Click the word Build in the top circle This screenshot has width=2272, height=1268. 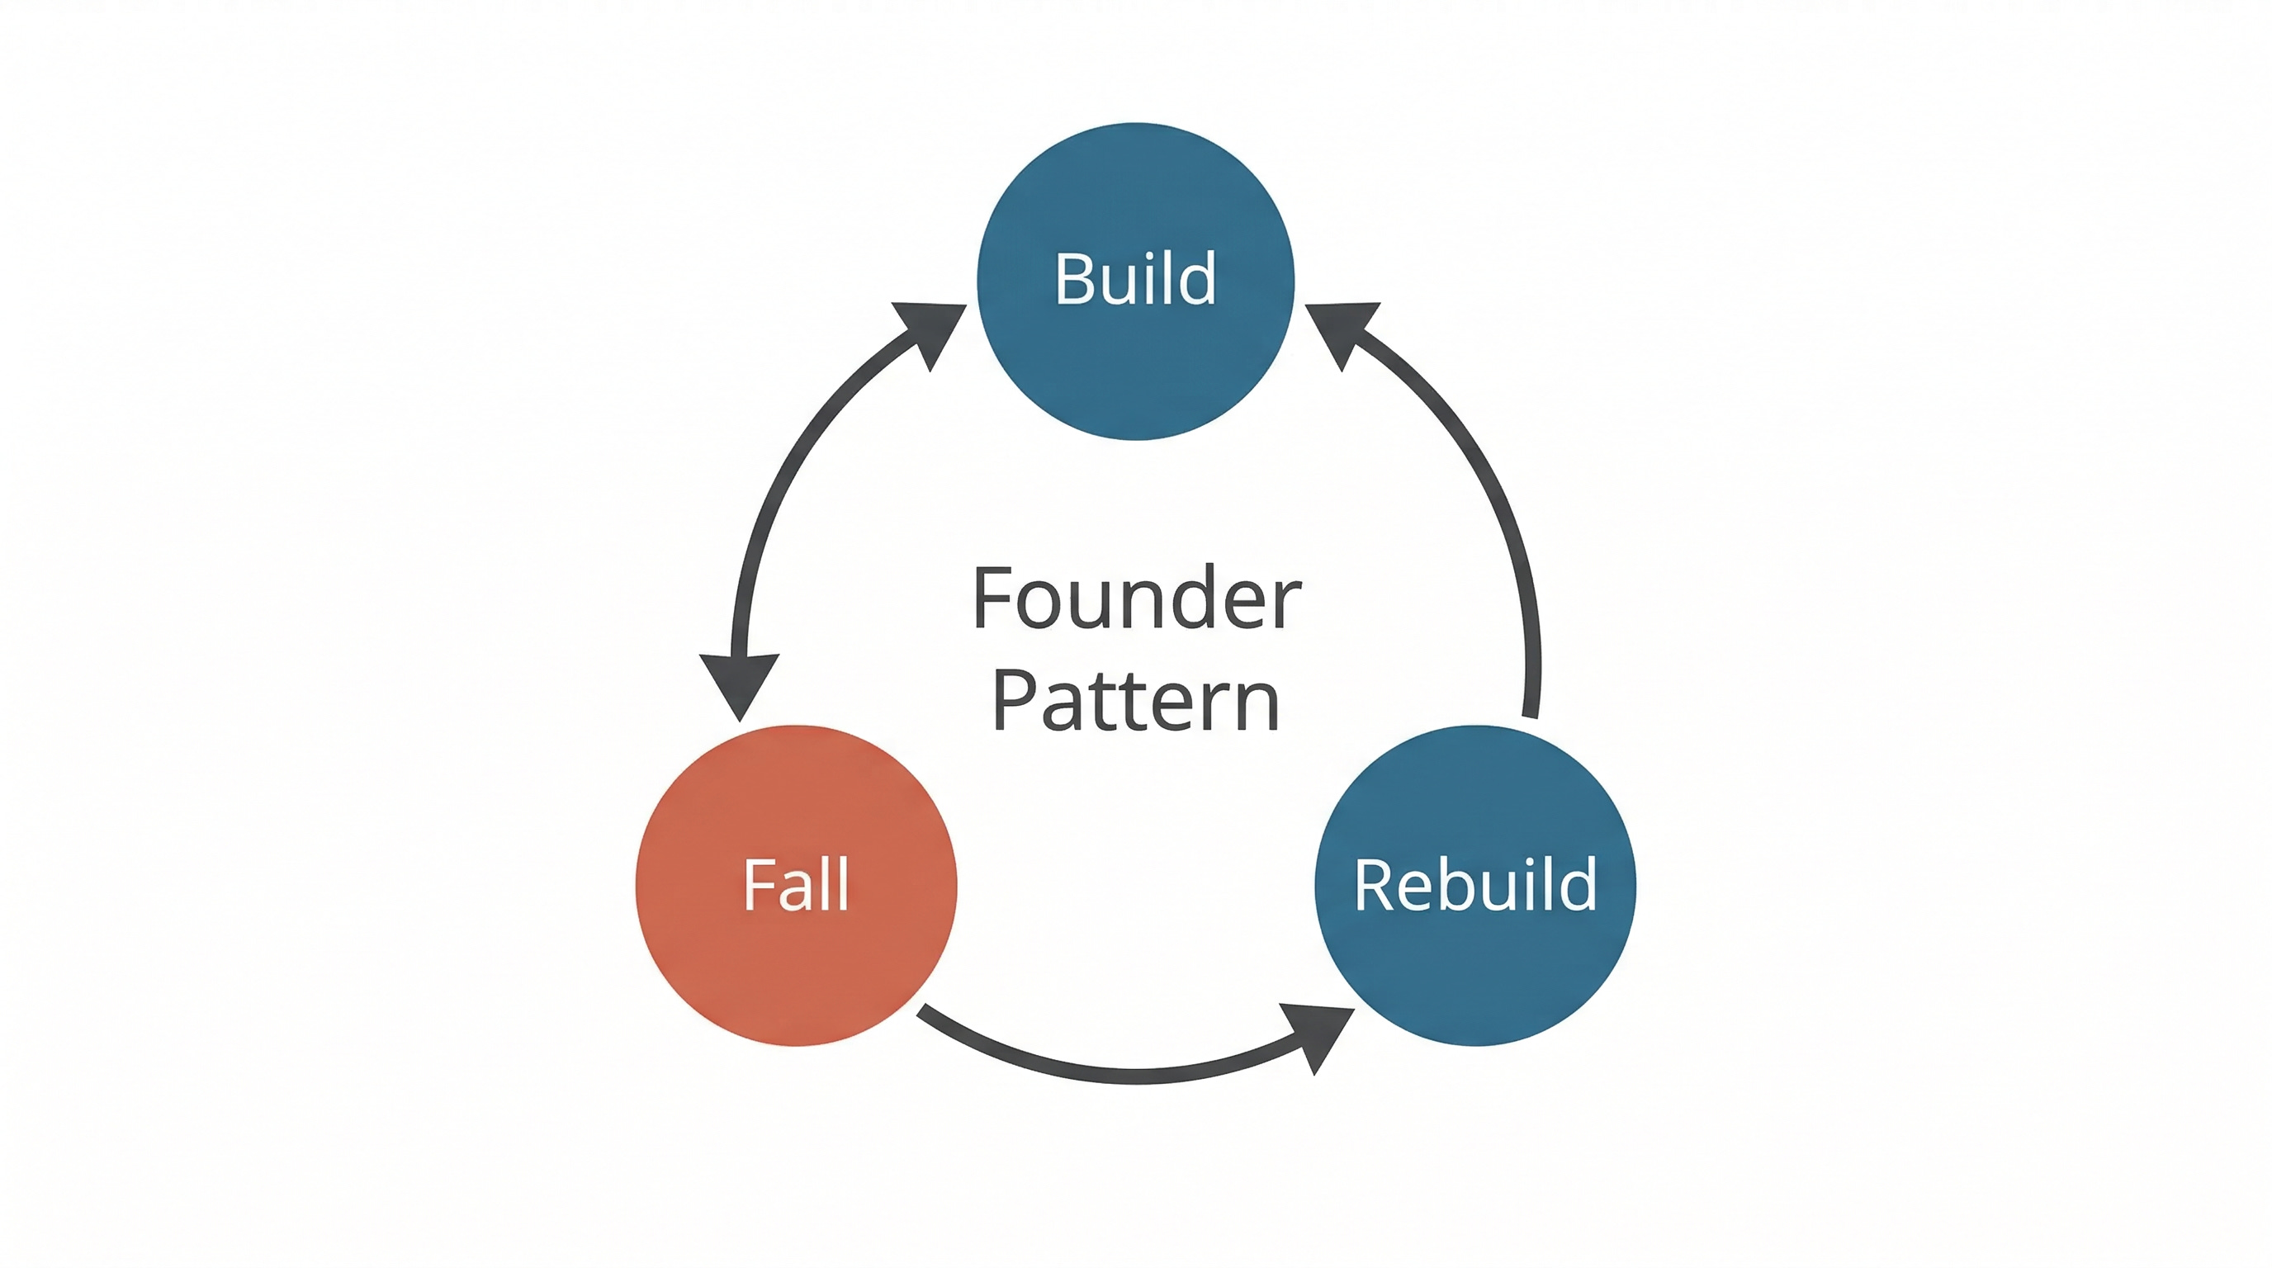point(1135,279)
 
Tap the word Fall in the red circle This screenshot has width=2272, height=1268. point(796,884)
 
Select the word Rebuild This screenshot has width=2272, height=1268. point(1474,884)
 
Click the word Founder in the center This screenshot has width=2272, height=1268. point(1136,599)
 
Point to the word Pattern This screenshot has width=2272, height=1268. point(1136,702)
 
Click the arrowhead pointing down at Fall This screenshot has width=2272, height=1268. point(740,683)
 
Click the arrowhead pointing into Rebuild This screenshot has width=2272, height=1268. point(1319,1036)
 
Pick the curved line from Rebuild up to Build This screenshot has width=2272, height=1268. point(1490,494)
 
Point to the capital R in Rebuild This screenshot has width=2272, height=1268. point(1372,884)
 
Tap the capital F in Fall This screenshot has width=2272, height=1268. point(758,884)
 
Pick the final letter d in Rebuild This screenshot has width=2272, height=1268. point(1578,884)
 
